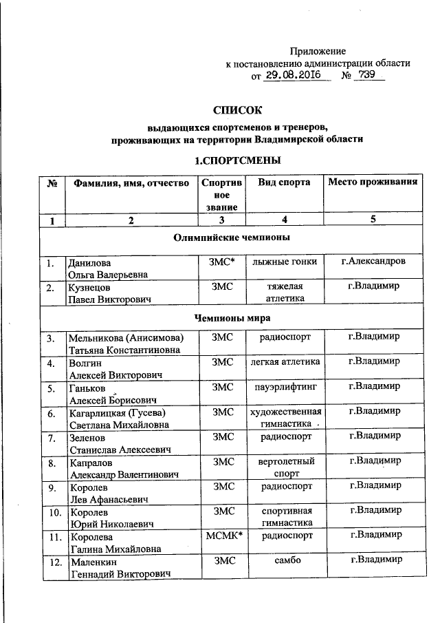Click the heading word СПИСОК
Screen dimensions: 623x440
click(238, 109)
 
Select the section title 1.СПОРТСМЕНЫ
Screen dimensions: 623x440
click(237, 161)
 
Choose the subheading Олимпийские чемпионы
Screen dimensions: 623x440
click(238, 238)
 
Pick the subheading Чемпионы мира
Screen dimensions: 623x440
click(238, 318)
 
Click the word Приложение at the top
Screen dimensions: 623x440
click(318, 51)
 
